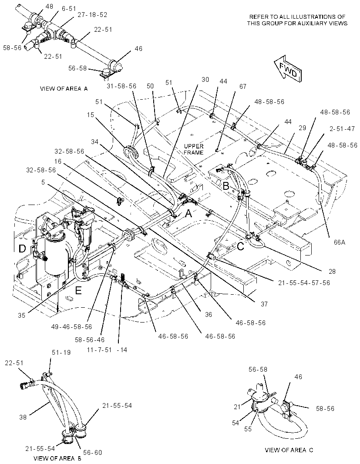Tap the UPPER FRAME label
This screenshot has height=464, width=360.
[194, 149]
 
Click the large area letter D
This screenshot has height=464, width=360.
[22, 248]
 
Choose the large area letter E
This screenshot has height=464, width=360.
[78, 291]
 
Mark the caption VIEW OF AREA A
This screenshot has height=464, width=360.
[64, 88]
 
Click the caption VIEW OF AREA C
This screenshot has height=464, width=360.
[289, 450]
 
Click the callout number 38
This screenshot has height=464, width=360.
[23, 417]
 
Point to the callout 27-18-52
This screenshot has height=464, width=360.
[93, 14]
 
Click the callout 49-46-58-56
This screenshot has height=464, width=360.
[71, 327]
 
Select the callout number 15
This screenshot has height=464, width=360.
[91, 114]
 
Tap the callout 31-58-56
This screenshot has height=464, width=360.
[121, 86]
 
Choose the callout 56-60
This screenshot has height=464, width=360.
[92, 452]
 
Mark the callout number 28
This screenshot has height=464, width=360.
[324, 271]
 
